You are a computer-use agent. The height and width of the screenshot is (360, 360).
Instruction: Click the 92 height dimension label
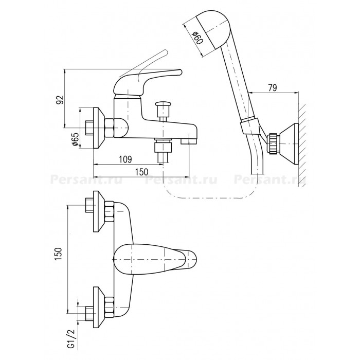point(60,100)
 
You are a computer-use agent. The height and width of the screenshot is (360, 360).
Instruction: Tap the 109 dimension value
point(125,159)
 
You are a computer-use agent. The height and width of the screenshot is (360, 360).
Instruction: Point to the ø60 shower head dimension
point(198,38)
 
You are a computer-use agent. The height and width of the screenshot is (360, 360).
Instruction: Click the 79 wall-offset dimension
point(272,87)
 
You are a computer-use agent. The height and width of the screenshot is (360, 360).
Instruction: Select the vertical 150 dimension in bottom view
point(59,254)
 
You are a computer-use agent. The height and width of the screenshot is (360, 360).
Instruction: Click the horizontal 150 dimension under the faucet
point(141,172)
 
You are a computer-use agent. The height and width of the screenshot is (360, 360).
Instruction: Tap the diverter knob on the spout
point(163,106)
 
